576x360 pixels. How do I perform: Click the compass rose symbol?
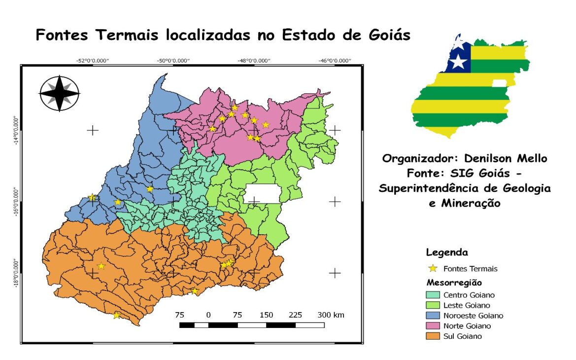[x=59, y=93]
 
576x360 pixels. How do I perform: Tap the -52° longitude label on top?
[x=92, y=61]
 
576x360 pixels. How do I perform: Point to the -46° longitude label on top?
[x=335, y=61]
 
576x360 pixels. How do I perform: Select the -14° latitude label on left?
[x=16, y=131]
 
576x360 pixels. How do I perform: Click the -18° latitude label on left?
[x=16, y=273]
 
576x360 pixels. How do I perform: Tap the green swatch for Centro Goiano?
[x=432, y=295]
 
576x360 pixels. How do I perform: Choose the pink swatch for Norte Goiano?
[x=432, y=326]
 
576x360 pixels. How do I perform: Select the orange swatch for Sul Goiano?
[x=432, y=336]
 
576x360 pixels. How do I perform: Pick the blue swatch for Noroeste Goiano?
[x=432, y=316]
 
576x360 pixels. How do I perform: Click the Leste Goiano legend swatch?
[x=432, y=305]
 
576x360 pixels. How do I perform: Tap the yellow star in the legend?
[x=433, y=269]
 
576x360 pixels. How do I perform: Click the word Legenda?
[x=446, y=252]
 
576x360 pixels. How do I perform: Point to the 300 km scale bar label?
[x=331, y=315]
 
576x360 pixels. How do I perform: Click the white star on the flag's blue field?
[x=459, y=62]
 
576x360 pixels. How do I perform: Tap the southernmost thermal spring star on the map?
[x=116, y=315]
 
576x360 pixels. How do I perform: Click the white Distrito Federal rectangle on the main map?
[x=262, y=194]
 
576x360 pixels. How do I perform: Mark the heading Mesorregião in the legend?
[x=453, y=283]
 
